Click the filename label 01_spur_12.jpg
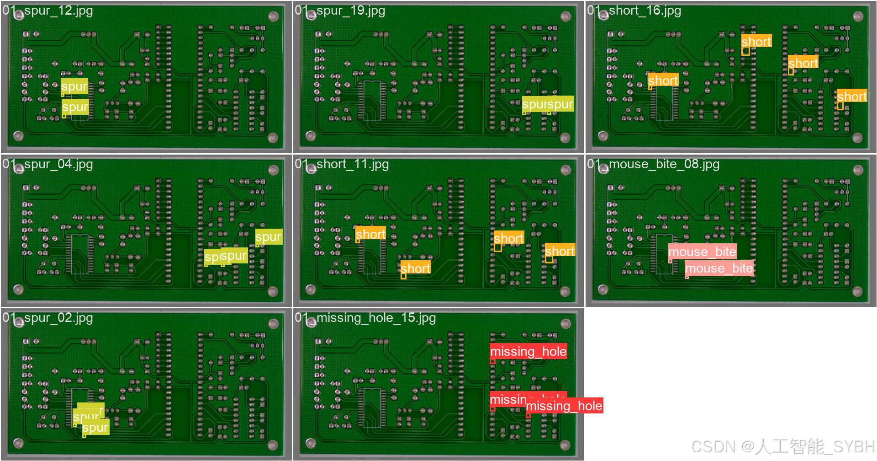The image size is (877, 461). coord(48,10)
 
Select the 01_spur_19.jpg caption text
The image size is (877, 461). coord(340,10)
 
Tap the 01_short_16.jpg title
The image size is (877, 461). coord(634,10)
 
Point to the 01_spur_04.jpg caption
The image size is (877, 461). coord(48,164)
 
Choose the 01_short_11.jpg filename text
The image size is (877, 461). coord(342,164)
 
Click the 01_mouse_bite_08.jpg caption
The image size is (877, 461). coord(654,164)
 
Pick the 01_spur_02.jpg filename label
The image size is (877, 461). coord(48,317)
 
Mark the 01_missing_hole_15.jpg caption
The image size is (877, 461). coord(365,317)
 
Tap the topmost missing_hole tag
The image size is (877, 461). coord(528,351)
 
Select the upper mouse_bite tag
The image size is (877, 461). coord(702,252)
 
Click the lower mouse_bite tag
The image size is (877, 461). coord(719,268)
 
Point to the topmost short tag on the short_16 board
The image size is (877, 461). coord(756,42)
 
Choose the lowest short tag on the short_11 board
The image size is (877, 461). coord(415,268)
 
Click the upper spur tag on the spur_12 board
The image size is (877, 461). coord(74,86)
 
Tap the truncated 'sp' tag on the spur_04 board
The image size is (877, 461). coord(211,257)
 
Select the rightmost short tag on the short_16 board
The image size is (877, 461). coord(851,96)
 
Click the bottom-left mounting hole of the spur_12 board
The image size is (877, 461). coord(18,135)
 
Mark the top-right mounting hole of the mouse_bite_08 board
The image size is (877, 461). coord(858,170)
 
